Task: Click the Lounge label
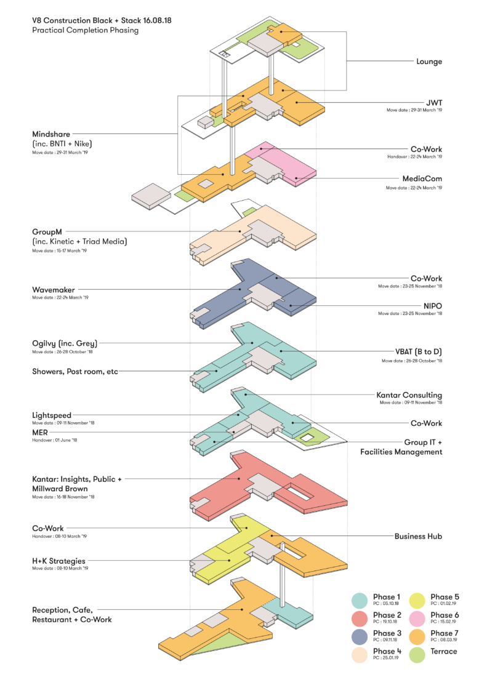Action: point(429,62)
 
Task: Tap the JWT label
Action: point(434,102)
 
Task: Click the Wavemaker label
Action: point(55,289)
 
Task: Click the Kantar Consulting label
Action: point(409,395)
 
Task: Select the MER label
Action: point(41,433)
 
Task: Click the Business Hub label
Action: point(418,536)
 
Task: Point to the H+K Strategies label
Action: point(58,561)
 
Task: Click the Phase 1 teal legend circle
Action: point(360,600)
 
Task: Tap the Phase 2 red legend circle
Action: point(360,618)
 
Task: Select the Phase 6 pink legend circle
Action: point(417,618)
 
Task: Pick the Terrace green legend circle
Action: point(417,654)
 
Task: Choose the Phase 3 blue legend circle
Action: point(360,636)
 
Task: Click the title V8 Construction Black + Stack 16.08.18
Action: point(102,20)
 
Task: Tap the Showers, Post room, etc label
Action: point(74,372)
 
